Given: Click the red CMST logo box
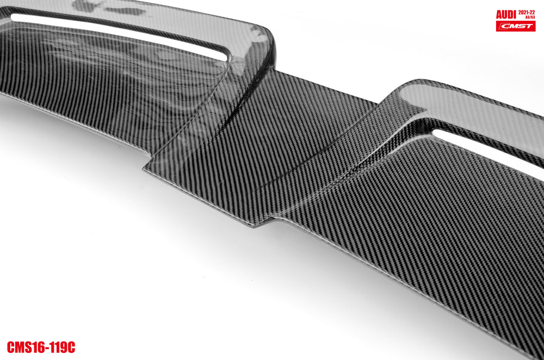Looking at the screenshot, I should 515,26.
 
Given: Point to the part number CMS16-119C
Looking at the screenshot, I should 41,347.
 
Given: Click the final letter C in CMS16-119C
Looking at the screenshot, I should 71,347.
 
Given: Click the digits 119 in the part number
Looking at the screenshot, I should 59,347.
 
